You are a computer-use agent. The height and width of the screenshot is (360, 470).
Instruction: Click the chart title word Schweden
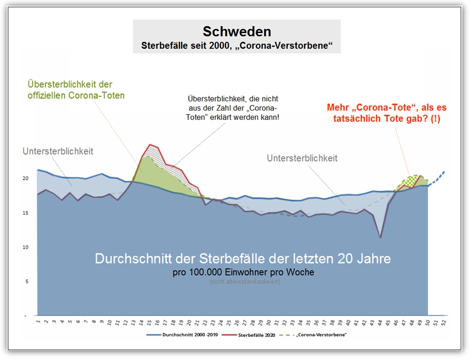tap(237, 32)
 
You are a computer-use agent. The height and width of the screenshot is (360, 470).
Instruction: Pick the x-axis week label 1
tap(38, 323)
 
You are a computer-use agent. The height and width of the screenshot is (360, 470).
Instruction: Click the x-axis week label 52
tap(444, 323)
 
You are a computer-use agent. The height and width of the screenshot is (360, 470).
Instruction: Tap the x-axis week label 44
tap(380, 323)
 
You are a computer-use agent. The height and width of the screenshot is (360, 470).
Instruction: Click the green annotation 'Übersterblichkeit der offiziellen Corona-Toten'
tap(77, 90)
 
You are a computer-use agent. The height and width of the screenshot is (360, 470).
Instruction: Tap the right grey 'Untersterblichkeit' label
tap(302, 158)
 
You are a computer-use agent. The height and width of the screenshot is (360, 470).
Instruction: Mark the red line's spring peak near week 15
tap(150, 145)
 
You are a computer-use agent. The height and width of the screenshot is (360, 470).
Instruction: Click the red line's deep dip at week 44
tap(380, 237)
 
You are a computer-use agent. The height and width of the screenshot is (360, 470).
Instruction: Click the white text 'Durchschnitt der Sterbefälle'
tap(243, 259)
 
